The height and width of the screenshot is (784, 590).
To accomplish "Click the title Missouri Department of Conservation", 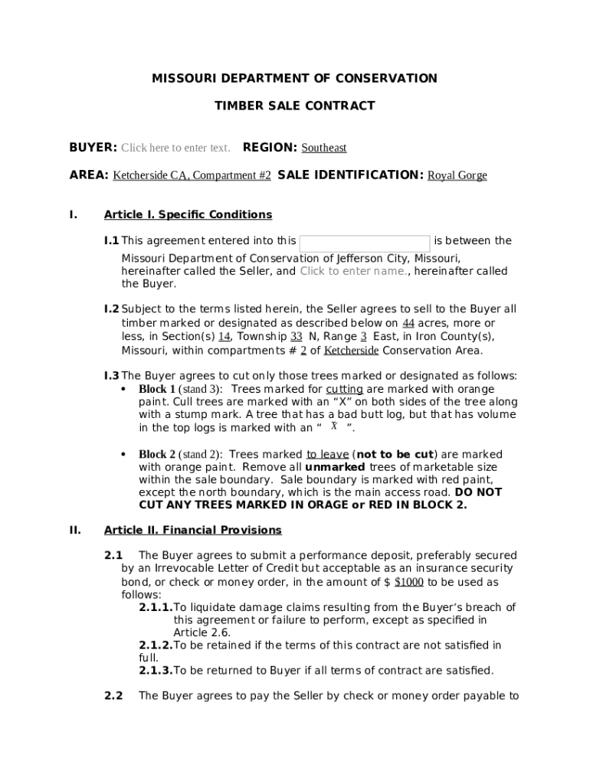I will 294,78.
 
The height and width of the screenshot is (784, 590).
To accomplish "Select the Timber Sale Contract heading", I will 294,106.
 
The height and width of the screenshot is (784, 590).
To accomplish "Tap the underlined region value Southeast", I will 323,148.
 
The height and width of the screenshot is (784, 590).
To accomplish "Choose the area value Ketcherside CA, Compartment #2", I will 192,175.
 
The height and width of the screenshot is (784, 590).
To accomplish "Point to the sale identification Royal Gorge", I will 457,175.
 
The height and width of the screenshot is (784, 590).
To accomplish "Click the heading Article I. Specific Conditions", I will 188,214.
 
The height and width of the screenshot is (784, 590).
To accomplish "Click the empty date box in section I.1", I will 365,242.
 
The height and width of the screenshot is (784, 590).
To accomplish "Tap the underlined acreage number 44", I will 408,323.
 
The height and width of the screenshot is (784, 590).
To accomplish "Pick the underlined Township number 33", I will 296,336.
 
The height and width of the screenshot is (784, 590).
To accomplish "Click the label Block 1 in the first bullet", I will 157,389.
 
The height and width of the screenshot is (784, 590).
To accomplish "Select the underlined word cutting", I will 344,389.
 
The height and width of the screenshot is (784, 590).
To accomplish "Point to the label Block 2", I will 157,455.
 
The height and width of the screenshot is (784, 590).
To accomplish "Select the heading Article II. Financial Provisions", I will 192,530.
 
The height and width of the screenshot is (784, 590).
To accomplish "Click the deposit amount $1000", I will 408,582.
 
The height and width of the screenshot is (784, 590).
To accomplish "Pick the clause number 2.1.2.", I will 156,645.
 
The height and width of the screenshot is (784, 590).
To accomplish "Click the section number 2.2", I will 113,696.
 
